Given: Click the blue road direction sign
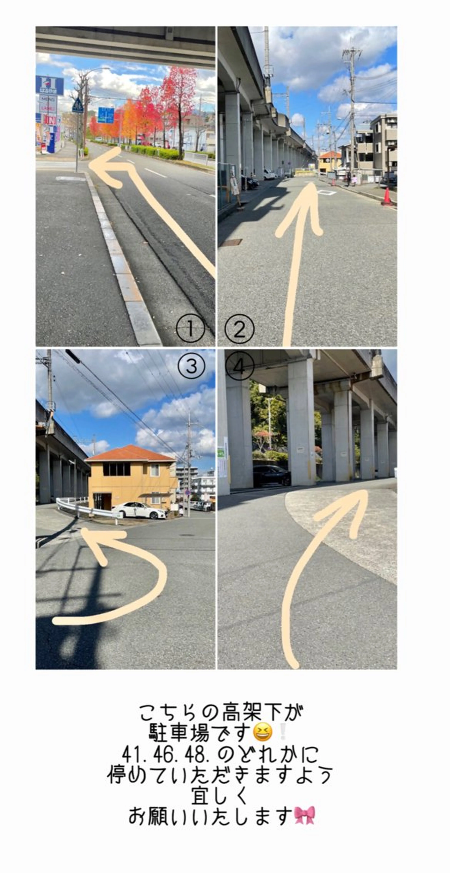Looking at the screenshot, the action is [x=106, y=115].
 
